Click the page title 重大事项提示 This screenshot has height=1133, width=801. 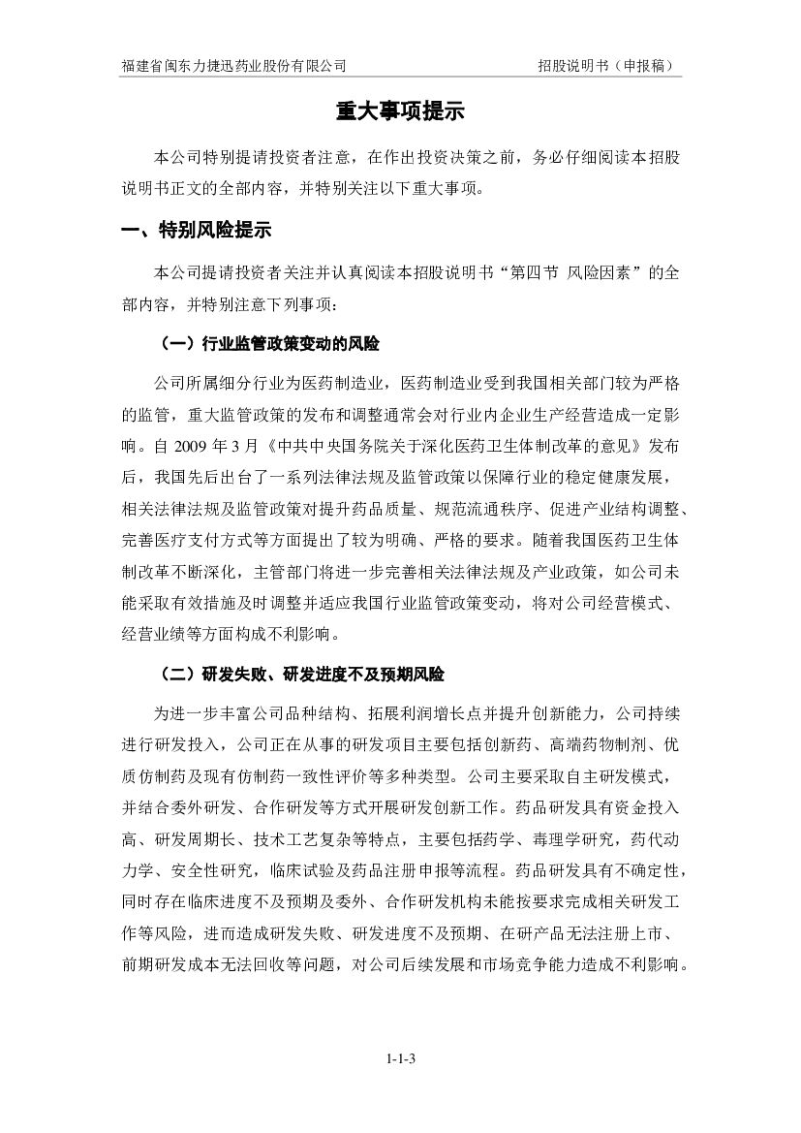[x=400, y=112]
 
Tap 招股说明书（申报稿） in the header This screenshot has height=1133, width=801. [x=606, y=66]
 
